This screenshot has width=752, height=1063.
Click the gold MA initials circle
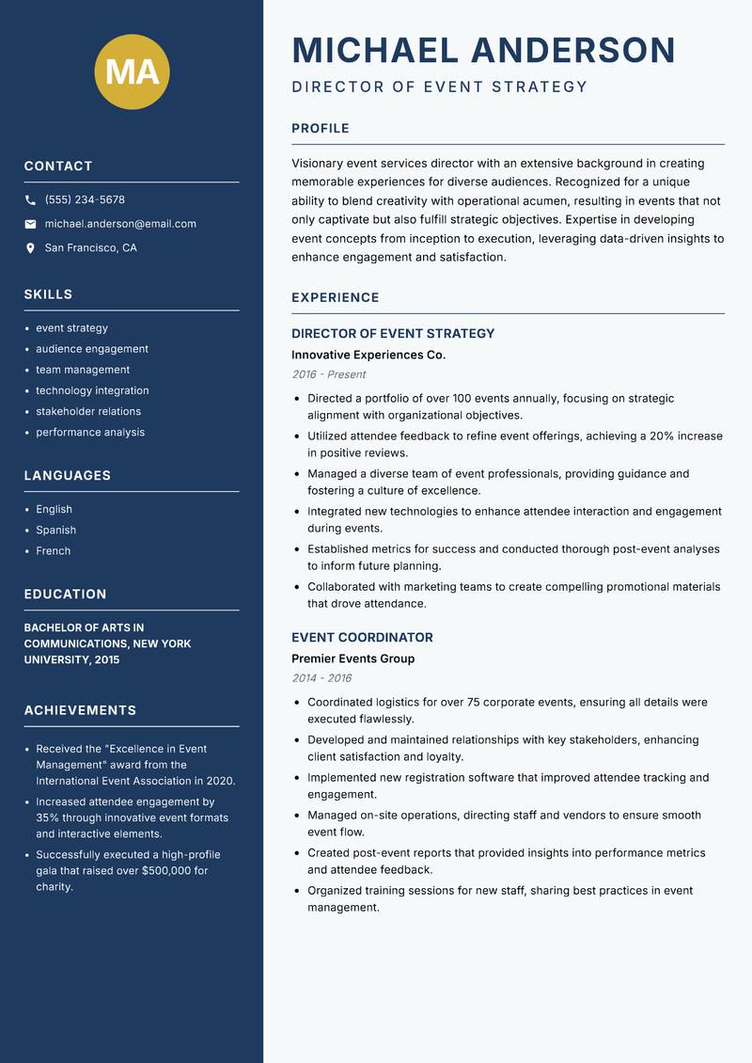click(x=132, y=72)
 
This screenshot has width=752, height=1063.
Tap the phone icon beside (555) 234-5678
click(x=30, y=200)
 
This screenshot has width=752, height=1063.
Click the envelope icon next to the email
click(x=30, y=224)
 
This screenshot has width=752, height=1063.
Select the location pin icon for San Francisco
click(x=30, y=248)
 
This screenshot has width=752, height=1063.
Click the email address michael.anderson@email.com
click(x=120, y=224)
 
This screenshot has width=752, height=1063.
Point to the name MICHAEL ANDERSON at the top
click(x=483, y=50)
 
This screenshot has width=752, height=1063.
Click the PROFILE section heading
click(x=320, y=129)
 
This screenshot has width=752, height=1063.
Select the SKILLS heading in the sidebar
click(x=48, y=294)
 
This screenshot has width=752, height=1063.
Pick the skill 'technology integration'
click(x=92, y=390)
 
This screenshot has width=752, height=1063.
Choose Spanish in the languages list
click(x=55, y=530)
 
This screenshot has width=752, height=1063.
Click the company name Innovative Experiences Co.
click(x=368, y=355)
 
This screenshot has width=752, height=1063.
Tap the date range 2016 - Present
click(x=328, y=374)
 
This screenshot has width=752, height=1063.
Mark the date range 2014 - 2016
click(x=321, y=678)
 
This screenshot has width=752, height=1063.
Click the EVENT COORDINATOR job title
click(x=362, y=637)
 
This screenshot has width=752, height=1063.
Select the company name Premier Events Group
click(x=352, y=658)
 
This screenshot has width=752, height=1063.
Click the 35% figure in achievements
click(x=48, y=818)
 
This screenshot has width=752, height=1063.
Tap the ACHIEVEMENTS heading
click(x=80, y=710)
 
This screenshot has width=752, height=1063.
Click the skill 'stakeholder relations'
click(x=88, y=411)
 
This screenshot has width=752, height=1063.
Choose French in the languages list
click(x=53, y=550)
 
